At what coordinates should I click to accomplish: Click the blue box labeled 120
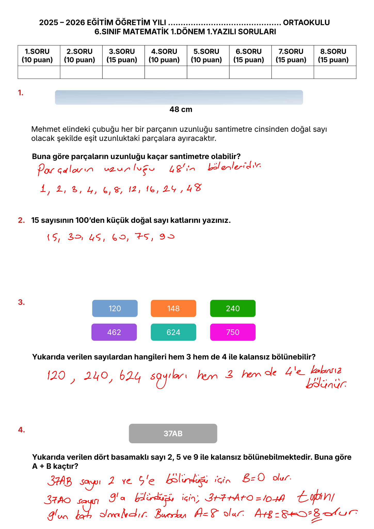point(115,308)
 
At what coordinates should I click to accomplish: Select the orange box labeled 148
point(173,308)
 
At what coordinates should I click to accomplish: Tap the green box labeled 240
point(233,308)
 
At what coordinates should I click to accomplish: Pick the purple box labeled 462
point(114,332)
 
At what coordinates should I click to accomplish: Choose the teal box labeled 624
point(173,332)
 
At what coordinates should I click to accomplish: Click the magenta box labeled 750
point(233,332)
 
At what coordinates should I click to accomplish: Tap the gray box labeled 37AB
point(173,433)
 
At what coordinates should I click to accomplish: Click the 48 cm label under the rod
point(181,110)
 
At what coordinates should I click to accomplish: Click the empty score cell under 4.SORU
point(166,72)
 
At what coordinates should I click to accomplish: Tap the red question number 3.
point(21,302)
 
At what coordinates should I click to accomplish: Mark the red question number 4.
point(21,430)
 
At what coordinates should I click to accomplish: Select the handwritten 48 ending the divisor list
point(194,188)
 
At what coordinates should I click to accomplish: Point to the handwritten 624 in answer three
point(130,377)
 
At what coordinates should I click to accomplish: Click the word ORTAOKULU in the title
point(306,22)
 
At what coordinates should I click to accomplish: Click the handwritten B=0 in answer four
point(253,478)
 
